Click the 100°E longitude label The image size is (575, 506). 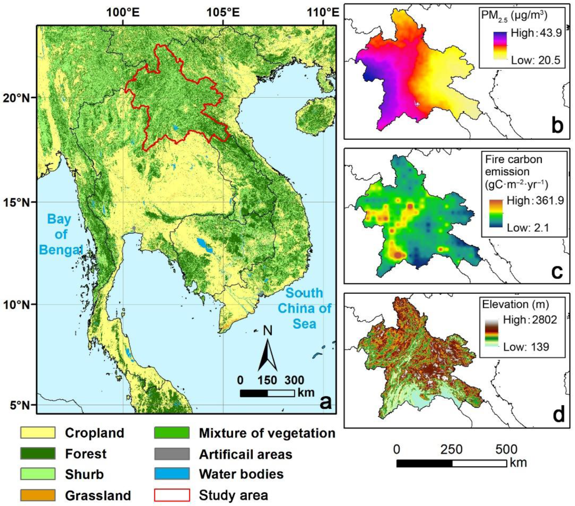(123, 13)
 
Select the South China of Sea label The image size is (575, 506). (304, 308)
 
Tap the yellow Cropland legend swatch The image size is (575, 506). (38, 432)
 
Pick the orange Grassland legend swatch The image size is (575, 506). (38, 495)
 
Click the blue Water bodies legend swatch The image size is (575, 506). (172, 474)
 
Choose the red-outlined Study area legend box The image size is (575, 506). (172, 495)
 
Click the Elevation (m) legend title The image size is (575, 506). (515, 304)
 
